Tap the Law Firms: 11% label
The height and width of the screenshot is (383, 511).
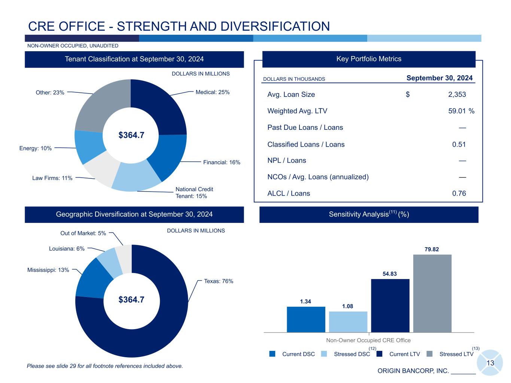click(x=52, y=178)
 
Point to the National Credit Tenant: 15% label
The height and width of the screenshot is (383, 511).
click(x=194, y=193)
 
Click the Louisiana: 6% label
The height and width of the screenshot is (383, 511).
click(x=67, y=249)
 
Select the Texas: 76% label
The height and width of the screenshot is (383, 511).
click(x=219, y=281)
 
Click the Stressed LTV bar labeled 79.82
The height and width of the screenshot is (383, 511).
click(x=432, y=293)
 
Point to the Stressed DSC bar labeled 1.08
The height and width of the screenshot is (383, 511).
click(x=348, y=322)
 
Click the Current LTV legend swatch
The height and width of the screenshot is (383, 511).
click(x=380, y=354)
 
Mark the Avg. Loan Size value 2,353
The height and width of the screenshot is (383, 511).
click(x=457, y=95)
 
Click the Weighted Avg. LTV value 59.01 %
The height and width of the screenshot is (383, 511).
click(x=461, y=111)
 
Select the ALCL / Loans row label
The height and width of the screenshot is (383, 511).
click(x=289, y=193)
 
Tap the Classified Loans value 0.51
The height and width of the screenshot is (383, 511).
click(x=459, y=144)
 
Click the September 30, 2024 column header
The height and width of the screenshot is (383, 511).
click(x=439, y=78)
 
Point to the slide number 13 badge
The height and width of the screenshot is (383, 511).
click(x=490, y=363)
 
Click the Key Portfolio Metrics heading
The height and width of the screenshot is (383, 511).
click(x=369, y=59)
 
